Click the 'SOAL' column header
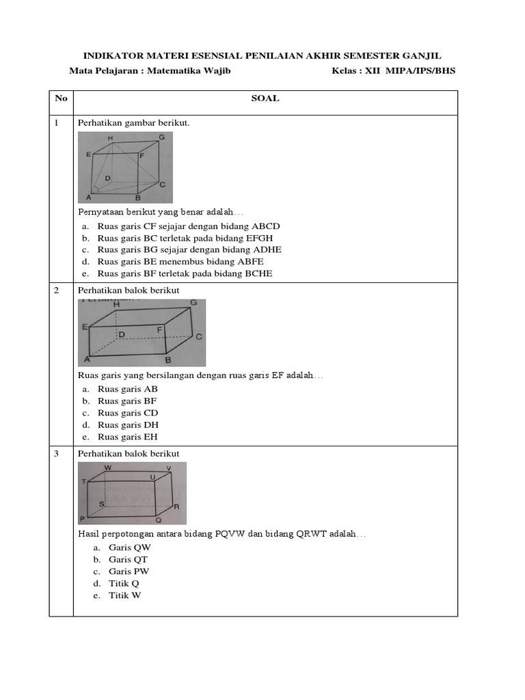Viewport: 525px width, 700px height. pos(265,98)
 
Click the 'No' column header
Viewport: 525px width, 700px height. pos(61,98)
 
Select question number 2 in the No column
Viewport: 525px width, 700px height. pos(57,291)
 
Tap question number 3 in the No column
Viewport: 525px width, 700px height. pos(57,454)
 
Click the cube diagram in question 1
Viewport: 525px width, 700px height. pos(125,167)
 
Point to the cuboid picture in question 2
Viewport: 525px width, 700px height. pos(142,333)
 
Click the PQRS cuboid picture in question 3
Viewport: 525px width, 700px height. pos(132,493)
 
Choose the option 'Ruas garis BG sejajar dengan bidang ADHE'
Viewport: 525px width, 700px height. pos(189,250)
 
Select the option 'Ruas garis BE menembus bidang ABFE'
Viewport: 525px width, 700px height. pos(180,261)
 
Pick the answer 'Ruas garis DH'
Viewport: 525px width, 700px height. pos(129,425)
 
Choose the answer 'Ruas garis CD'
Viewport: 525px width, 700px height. pos(128,413)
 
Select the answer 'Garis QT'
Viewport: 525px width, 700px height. pos(128,559)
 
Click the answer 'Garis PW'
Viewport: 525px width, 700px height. pos(129,571)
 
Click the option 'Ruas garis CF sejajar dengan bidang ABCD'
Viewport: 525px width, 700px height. pos(189,226)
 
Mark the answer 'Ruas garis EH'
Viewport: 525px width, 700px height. pos(128,437)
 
